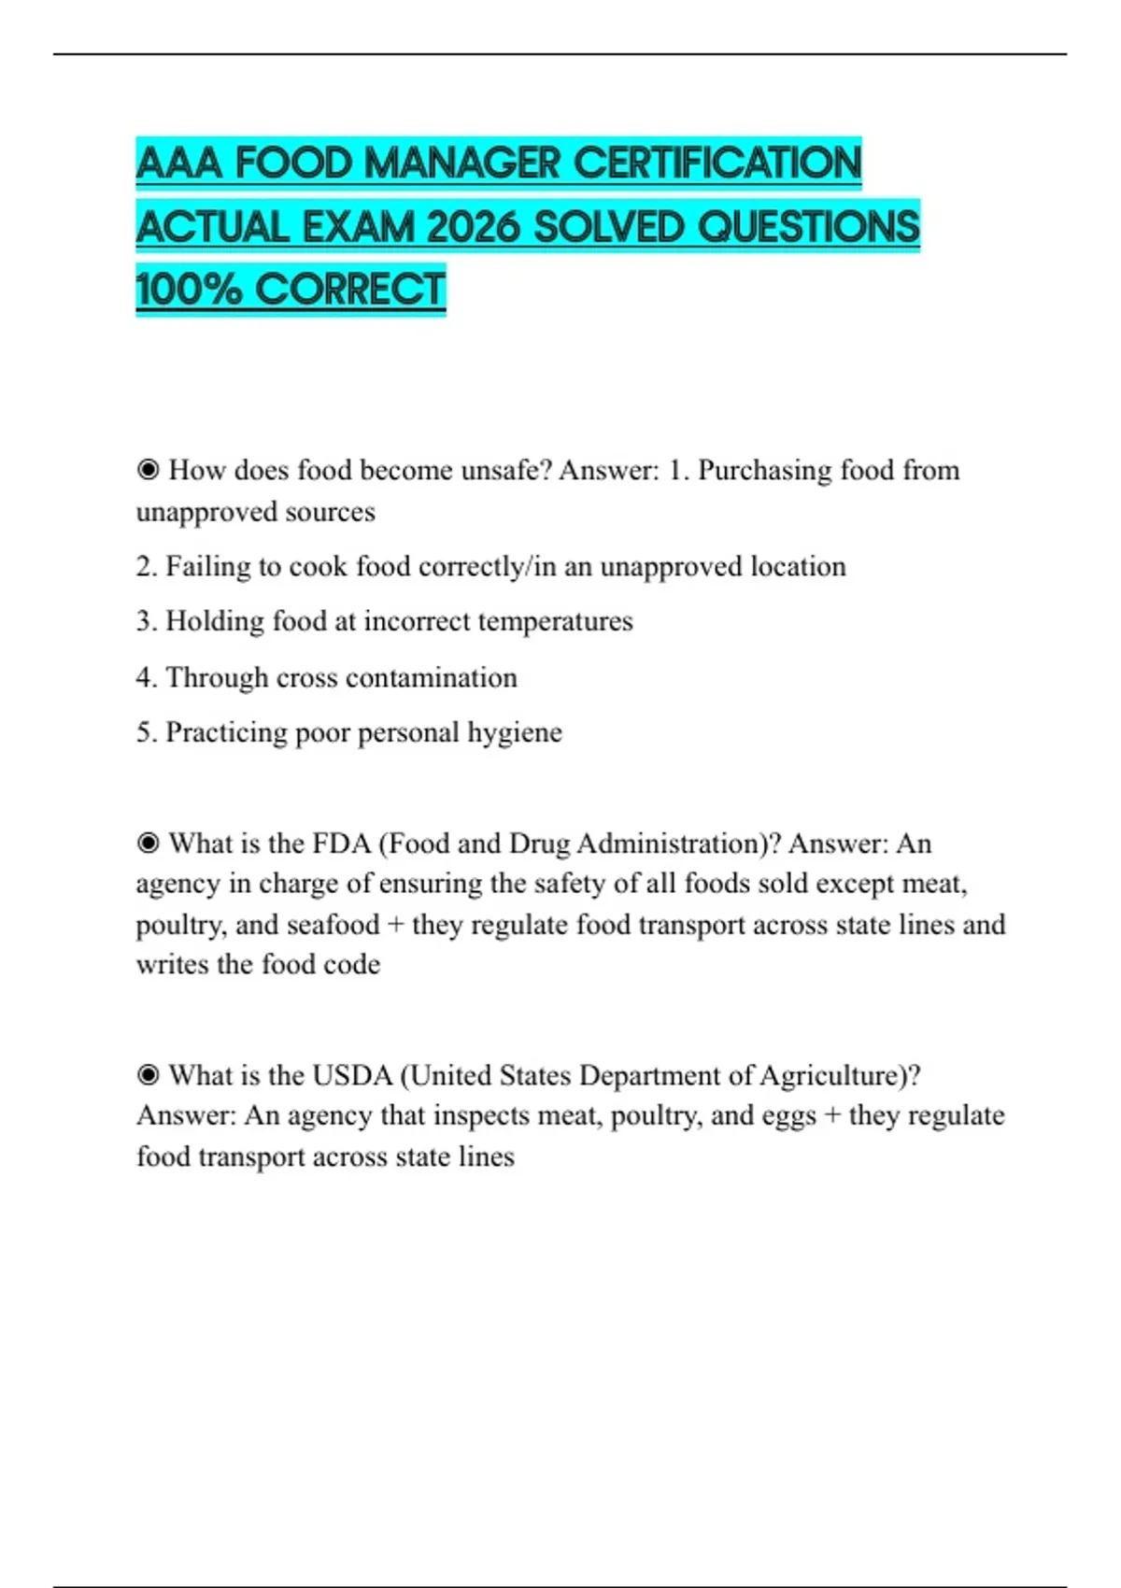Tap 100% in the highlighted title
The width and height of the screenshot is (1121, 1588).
click(x=189, y=289)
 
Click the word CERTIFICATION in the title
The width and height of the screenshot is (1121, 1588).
click(x=717, y=163)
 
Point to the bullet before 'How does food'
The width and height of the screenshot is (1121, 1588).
click(x=148, y=470)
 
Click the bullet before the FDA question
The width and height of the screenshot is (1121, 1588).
click(x=148, y=844)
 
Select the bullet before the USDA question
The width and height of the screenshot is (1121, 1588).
click(x=148, y=1075)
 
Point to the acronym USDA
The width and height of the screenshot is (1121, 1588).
click(x=351, y=1075)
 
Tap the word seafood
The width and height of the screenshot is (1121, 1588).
click(x=333, y=925)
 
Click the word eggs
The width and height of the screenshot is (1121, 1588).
click(x=789, y=1116)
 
